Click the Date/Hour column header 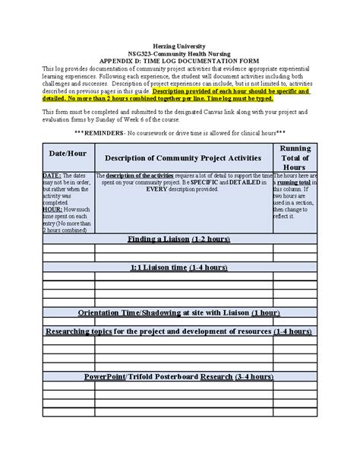pos(68,154)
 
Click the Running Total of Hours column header pos(294,157)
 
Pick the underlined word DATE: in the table pos(52,175)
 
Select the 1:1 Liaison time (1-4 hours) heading pos(180,268)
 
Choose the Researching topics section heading pos(180,331)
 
